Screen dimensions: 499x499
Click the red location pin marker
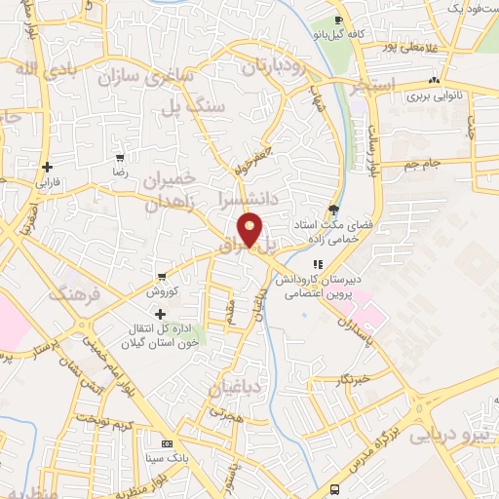coord(250,229)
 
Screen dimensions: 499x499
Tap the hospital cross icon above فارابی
coord(47,167)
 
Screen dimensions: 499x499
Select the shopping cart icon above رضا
coord(120,157)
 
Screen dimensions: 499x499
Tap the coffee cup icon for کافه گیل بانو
coord(338,20)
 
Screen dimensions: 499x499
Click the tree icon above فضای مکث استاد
coord(334,209)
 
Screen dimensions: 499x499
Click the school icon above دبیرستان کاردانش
coord(317,264)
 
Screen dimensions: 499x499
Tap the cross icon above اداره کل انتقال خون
coord(160,314)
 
